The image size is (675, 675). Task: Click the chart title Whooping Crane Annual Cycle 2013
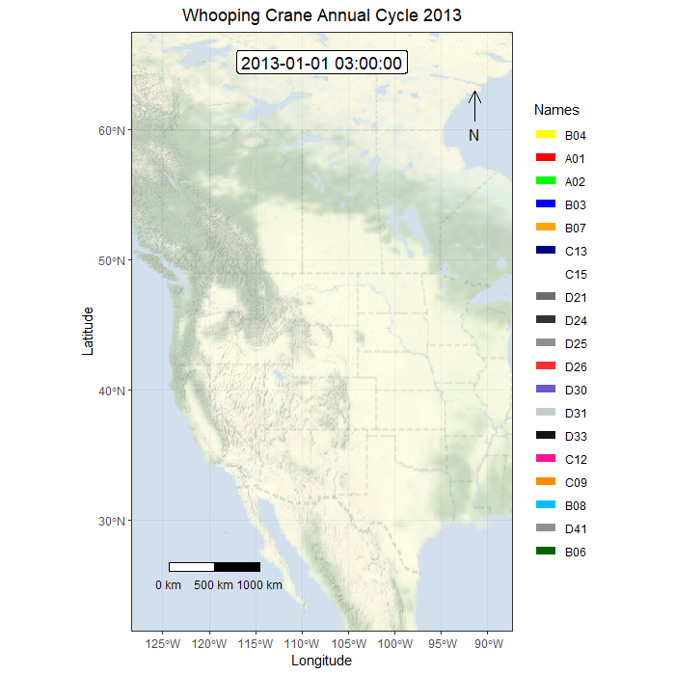click(x=321, y=15)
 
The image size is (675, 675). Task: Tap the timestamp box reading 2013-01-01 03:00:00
click(x=321, y=64)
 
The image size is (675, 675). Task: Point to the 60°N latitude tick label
click(x=115, y=130)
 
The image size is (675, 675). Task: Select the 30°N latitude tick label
click(x=115, y=521)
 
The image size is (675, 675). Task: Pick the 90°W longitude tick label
click(x=489, y=644)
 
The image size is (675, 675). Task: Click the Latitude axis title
click(x=88, y=331)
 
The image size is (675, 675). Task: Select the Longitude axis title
click(x=321, y=661)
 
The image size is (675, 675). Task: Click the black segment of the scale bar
click(x=237, y=567)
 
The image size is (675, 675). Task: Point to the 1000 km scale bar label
click(x=259, y=585)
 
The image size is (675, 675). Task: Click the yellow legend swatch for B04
click(x=546, y=135)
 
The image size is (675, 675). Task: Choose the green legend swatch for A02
click(x=546, y=181)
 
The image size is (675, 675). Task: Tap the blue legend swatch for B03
click(x=546, y=204)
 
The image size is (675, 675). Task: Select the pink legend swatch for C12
click(x=546, y=459)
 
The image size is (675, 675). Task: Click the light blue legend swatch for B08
click(x=546, y=505)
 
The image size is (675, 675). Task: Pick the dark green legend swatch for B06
click(x=546, y=552)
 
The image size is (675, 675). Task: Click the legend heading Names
click(x=556, y=110)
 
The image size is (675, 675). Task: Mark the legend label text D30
click(x=576, y=390)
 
